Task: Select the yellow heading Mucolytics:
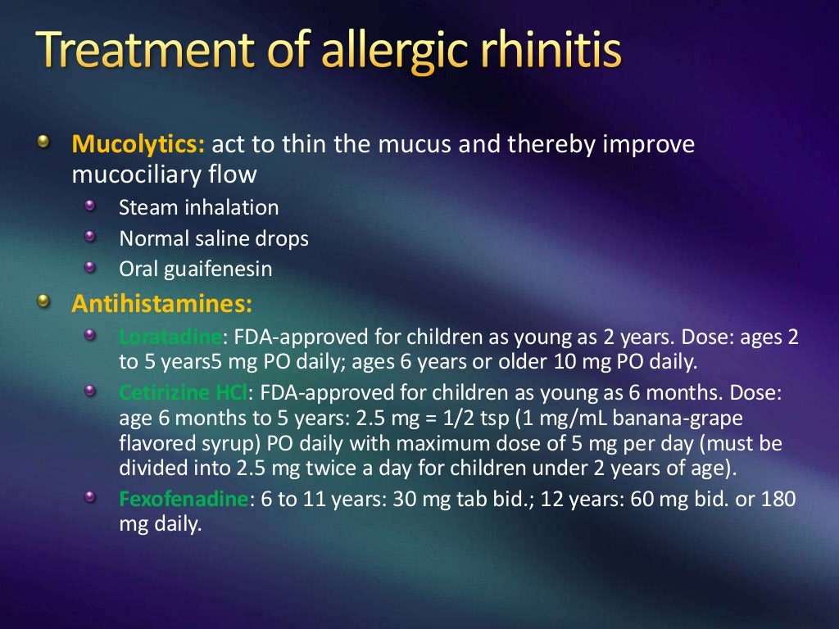pos(138,145)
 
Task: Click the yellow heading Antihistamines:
pos(161,304)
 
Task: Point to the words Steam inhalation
pos(198,208)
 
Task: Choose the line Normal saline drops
pos(214,238)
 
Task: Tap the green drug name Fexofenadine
pos(183,499)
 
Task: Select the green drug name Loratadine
pos(170,337)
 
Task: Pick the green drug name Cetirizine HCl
pos(182,393)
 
